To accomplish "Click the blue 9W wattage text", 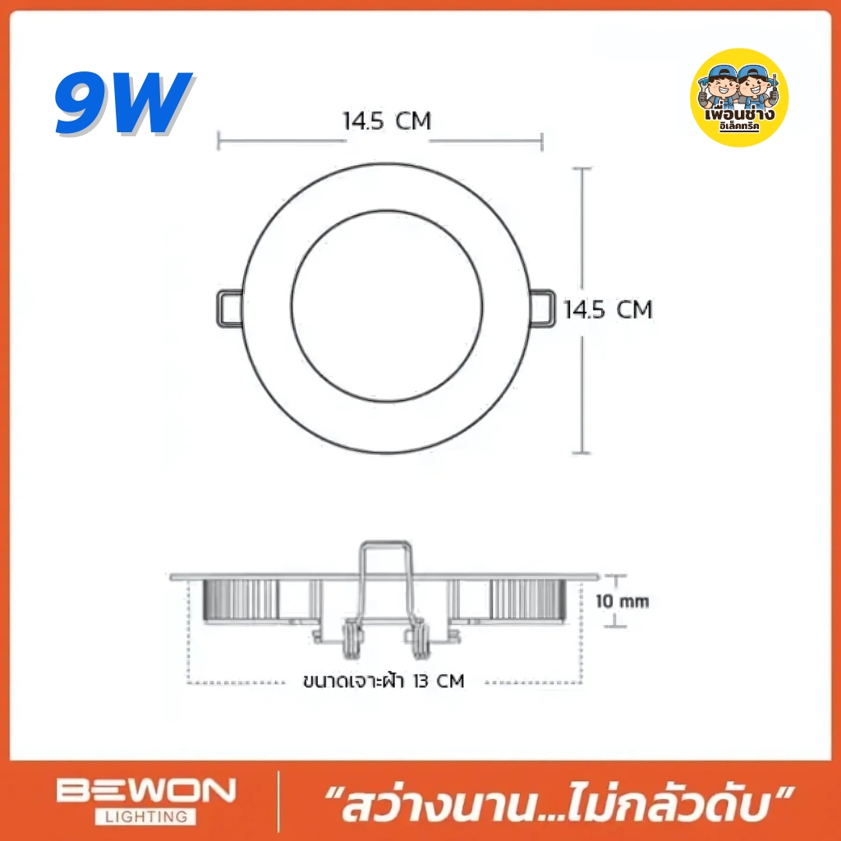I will click(x=123, y=103).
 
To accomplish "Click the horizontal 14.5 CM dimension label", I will click(x=387, y=122).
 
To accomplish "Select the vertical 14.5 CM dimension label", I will click(x=608, y=310).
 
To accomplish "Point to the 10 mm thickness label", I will click(x=623, y=601).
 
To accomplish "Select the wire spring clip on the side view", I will click(x=384, y=575).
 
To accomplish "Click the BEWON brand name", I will click(x=145, y=792).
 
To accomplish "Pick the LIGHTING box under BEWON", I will click(x=145, y=816).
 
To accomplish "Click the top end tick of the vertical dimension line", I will click(x=582, y=168).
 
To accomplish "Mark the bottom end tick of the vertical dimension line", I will click(x=582, y=453).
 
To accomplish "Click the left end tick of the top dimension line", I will click(x=218, y=141).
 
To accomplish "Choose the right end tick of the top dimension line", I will click(x=542, y=141).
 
